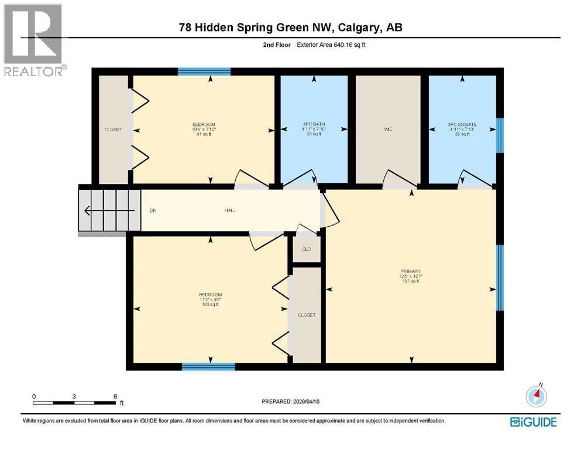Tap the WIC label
coord(387,129)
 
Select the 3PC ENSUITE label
coord(462,125)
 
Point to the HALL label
coord(230,210)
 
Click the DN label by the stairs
coord(153,210)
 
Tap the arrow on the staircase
coord(91,210)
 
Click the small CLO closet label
coord(307,249)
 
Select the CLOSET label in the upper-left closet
coord(113,129)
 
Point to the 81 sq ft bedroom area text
coord(204,134)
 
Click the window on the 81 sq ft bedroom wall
coord(204,72)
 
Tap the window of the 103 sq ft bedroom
coord(208,367)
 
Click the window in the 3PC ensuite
coord(500,135)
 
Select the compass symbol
coord(536,396)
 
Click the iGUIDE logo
coord(533,422)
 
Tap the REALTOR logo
coord(34,40)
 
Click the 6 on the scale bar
coord(115,396)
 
